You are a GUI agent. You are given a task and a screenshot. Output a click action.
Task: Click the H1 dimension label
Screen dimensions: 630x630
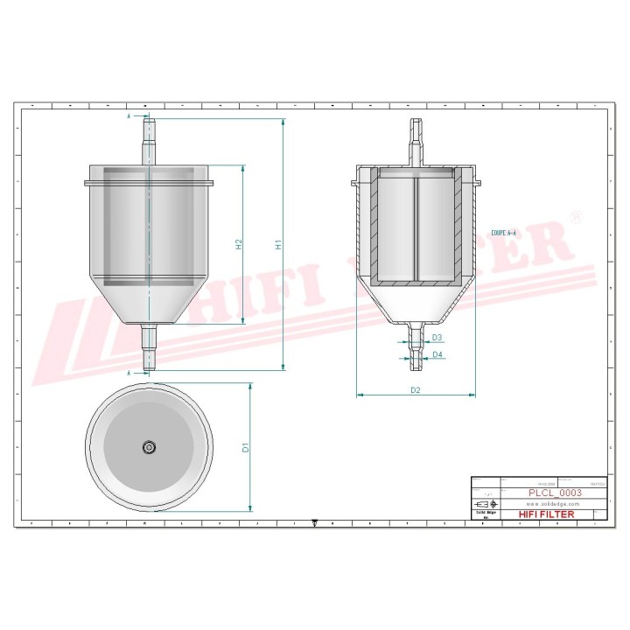(x=278, y=246)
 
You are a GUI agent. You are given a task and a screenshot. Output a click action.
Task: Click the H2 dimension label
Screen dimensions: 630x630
(x=239, y=245)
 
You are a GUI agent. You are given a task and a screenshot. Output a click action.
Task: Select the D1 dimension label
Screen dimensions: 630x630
(x=246, y=447)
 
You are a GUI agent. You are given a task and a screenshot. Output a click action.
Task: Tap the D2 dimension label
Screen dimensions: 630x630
(x=416, y=390)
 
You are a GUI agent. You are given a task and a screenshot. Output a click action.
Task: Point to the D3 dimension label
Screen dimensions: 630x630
(x=437, y=338)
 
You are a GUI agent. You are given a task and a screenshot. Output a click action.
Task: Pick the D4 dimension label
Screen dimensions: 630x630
(x=437, y=355)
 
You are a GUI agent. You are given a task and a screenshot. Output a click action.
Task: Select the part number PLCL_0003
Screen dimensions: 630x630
(x=554, y=493)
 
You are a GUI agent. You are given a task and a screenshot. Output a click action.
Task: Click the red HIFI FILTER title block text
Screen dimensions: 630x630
(x=547, y=514)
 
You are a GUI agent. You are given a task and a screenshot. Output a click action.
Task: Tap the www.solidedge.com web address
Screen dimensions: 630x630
(x=554, y=505)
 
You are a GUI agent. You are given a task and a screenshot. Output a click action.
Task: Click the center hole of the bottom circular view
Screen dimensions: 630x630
(x=149, y=447)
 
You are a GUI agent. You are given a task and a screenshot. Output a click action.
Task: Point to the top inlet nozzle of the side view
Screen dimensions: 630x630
(x=149, y=140)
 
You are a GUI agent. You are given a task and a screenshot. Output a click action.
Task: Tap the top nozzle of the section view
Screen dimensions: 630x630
(x=416, y=140)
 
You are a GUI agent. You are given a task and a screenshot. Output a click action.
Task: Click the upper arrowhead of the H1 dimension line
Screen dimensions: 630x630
(x=283, y=122)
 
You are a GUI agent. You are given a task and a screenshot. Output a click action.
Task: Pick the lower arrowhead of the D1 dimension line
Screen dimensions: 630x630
(x=251, y=507)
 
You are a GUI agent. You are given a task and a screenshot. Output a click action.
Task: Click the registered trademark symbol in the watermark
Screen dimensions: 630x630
(x=574, y=215)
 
